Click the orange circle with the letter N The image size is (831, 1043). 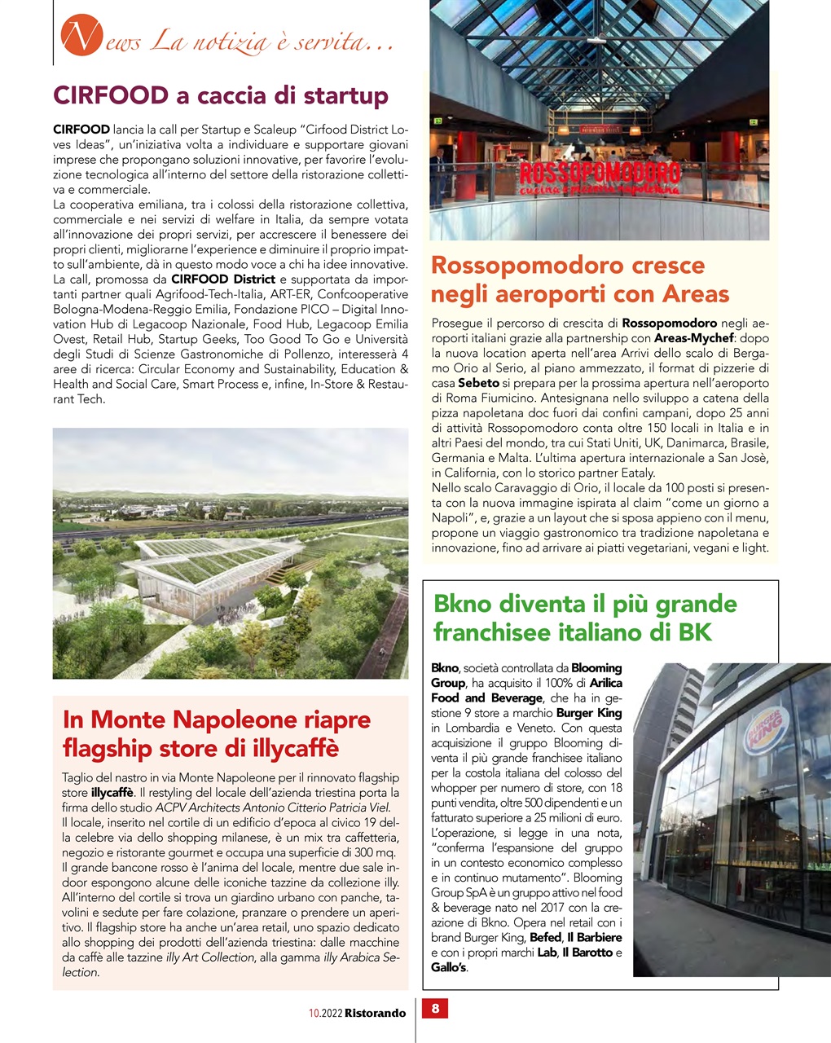coord(79,37)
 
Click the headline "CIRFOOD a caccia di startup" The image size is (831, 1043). coord(221,96)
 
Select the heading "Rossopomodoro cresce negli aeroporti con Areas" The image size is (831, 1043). coord(580,279)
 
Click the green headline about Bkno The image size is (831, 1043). coord(585,618)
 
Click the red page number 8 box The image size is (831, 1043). coord(435,1009)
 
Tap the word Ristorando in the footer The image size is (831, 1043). coord(375,1013)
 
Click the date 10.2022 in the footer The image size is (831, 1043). coord(325,1013)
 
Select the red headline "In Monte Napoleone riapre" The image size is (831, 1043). coord(217,720)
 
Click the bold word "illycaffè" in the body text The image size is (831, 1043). coord(112,792)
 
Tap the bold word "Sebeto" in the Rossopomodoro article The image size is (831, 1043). coord(478,383)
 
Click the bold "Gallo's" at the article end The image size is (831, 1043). coord(449,967)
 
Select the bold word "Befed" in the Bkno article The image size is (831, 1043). coord(545,938)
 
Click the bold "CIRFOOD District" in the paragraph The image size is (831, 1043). coord(223,279)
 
